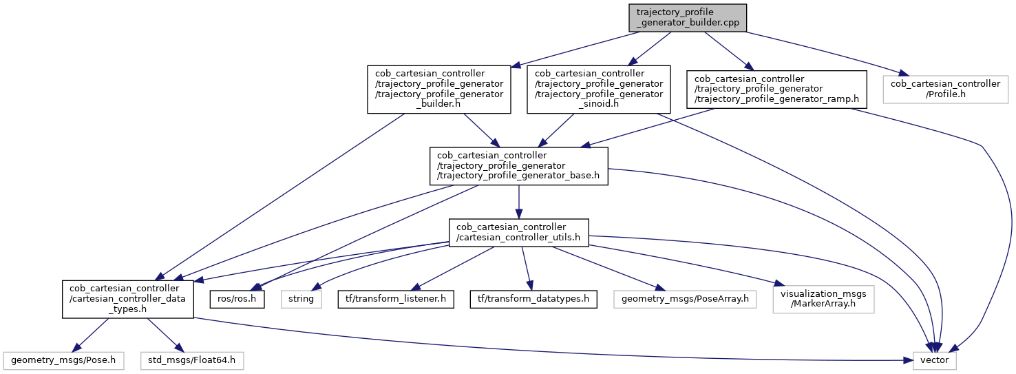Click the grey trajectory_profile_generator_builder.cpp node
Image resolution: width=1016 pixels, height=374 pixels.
point(687,17)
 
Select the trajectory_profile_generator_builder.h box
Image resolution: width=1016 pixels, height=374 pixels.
point(438,89)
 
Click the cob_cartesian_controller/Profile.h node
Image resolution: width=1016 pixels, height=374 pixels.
point(945,89)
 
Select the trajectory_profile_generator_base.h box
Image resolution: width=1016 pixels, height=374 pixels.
point(518,166)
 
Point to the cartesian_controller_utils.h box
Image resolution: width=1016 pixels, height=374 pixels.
point(518,233)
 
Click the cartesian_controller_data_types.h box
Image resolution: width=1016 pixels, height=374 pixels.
point(128,299)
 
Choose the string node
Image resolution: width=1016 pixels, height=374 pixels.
point(301,299)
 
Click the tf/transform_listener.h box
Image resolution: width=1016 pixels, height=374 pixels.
point(395,299)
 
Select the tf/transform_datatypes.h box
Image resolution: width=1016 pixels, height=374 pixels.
point(533,299)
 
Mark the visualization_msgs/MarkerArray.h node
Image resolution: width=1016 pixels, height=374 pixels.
point(823,299)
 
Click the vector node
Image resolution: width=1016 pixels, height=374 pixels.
point(934,360)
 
